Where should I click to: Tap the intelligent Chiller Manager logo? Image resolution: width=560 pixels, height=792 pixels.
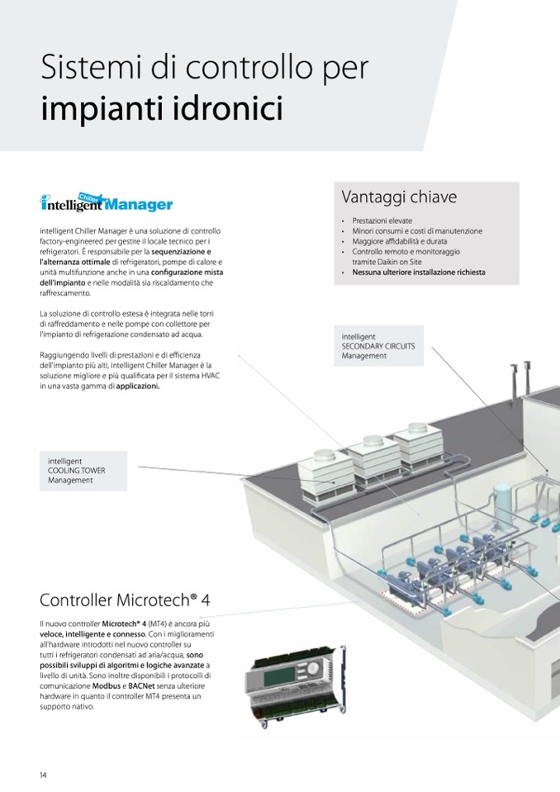(107, 202)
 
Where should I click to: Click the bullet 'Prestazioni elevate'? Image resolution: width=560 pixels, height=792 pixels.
(382, 221)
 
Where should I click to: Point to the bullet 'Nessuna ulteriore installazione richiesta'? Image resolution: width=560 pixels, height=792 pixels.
(419, 272)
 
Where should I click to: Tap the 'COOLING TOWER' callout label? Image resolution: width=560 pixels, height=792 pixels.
(77, 471)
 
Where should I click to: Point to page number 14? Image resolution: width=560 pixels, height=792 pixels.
(44, 774)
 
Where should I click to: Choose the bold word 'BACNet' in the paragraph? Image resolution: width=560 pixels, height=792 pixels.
(142, 685)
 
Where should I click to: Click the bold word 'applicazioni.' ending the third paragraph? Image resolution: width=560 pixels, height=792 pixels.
(138, 385)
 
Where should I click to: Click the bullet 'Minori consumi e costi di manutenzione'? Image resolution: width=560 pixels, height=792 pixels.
(417, 231)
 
